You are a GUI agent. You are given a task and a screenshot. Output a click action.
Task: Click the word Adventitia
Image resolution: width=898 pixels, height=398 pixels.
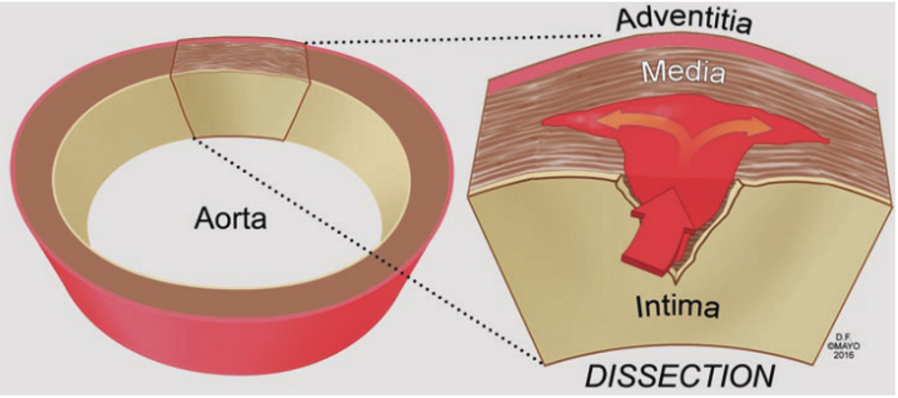(683, 20)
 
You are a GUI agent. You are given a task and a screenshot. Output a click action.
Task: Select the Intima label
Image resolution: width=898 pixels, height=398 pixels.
(678, 308)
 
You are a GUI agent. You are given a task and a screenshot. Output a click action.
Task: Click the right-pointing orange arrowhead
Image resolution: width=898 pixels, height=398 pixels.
(764, 129)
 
